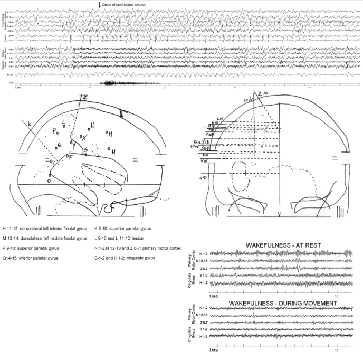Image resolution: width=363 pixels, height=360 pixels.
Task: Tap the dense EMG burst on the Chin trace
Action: tap(113, 83)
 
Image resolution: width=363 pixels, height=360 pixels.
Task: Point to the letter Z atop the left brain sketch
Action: tap(83, 97)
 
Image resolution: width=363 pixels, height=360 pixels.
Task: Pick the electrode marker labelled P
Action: tap(55, 129)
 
